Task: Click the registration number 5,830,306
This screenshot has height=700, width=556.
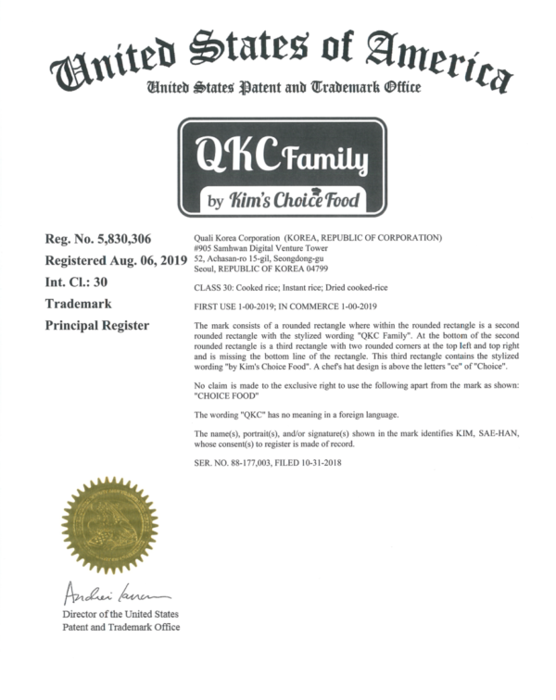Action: click(x=125, y=239)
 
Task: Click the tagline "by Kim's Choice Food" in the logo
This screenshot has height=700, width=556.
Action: click(x=282, y=200)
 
